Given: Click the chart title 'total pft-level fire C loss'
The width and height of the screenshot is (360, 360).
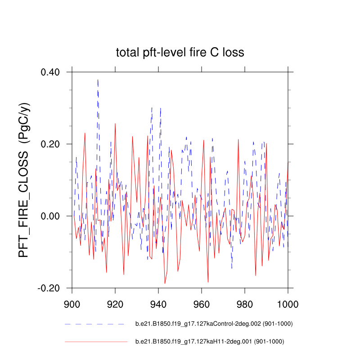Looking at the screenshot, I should (x=180, y=53).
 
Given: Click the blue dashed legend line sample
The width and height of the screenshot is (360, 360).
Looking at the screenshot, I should (x=94, y=324).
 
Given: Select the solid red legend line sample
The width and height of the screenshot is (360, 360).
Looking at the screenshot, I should (x=96, y=342).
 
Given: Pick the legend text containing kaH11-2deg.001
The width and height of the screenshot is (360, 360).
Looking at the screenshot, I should (x=210, y=342).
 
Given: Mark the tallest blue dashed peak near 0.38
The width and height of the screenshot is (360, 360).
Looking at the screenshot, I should (x=98, y=80).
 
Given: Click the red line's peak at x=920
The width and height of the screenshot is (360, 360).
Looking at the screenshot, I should (x=115, y=123).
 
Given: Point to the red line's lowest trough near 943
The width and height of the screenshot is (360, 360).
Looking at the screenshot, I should (x=165, y=283).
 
